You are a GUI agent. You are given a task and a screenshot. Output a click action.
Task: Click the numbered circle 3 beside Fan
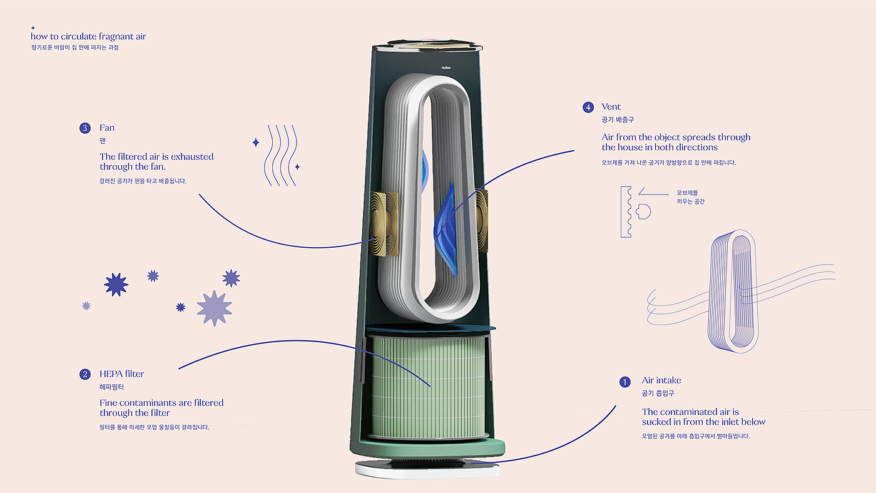85,128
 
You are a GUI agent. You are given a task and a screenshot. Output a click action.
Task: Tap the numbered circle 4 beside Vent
588,107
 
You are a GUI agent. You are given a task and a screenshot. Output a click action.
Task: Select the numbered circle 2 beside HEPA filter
85,374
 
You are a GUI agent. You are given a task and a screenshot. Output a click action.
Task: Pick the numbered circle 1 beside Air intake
624,382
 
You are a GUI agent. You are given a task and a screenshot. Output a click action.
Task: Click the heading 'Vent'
611,107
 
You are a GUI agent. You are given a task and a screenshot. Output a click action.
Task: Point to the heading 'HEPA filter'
121,374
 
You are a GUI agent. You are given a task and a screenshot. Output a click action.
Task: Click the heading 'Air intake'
661,380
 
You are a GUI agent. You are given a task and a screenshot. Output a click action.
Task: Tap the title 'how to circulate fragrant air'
88,36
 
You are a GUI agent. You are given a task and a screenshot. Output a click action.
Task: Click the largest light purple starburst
214,308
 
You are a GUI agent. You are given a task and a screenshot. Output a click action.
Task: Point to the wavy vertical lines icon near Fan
280,155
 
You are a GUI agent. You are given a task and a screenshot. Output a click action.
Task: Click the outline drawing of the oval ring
732,288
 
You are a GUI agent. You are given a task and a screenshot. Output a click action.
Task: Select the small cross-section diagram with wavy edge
633,211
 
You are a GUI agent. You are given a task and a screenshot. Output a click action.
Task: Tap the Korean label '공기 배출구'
618,119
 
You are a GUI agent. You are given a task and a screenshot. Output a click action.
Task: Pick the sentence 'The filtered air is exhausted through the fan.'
156,161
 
